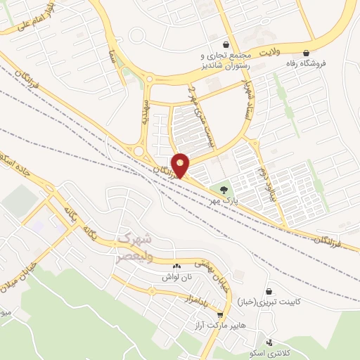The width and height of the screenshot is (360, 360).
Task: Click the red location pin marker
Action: click(180, 165)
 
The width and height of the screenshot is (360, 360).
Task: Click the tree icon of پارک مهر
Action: click(224, 190)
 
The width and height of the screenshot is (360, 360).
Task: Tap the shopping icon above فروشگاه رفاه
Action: click(306, 53)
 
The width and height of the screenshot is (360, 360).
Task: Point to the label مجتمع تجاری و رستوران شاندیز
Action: click(224, 60)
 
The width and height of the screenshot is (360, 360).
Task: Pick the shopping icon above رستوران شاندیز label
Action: click(225, 44)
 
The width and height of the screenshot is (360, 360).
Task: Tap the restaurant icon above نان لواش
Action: click(176, 266)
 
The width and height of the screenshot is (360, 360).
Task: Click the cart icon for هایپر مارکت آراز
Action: click(221, 316)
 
